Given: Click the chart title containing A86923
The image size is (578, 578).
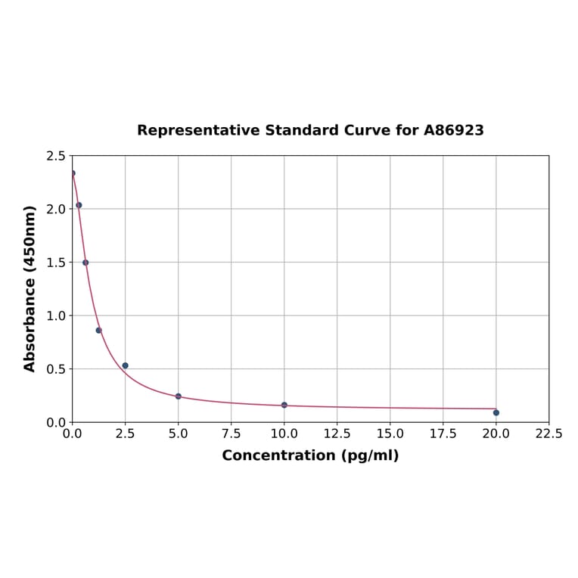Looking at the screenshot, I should [x=310, y=130].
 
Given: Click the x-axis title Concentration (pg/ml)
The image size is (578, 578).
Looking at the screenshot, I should [x=310, y=455].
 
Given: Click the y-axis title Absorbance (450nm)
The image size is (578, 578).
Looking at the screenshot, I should [x=30, y=288].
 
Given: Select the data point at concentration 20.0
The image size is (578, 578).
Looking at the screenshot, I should [x=496, y=412].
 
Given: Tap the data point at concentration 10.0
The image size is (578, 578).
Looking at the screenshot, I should [x=284, y=405].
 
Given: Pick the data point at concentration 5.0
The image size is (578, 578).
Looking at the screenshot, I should [x=179, y=396].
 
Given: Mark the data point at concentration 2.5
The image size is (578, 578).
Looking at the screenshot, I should [x=126, y=365].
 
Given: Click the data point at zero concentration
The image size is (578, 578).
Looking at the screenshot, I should [x=73, y=173].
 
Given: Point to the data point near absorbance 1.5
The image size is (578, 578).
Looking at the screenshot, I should [x=85, y=263].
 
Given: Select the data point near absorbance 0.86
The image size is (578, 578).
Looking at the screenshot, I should [x=99, y=330].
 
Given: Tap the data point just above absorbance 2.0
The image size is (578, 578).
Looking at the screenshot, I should [x=79, y=205].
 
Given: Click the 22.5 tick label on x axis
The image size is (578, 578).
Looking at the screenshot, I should [x=548, y=434].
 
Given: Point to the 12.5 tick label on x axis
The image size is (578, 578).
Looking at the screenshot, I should [x=337, y=434].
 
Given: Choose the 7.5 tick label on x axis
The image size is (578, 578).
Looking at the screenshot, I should [x=232, y=434].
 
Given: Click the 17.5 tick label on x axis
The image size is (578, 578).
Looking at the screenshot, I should [x=443, y=434].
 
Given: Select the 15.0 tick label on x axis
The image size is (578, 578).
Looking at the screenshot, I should [x=390, y=434].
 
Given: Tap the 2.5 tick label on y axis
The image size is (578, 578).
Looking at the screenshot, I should [x=56, y=156].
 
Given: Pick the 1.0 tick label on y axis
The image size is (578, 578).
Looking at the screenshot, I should [x=56, y=315].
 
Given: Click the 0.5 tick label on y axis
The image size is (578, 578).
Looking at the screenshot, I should [x=56, y=369].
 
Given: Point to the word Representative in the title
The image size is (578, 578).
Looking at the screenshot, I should [x=198, y=130].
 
